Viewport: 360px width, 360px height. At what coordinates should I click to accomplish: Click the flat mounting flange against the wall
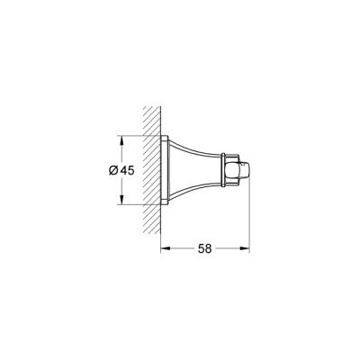[x=164, y=170]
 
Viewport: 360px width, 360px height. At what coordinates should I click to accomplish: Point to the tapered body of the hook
[x=193, y=170]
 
